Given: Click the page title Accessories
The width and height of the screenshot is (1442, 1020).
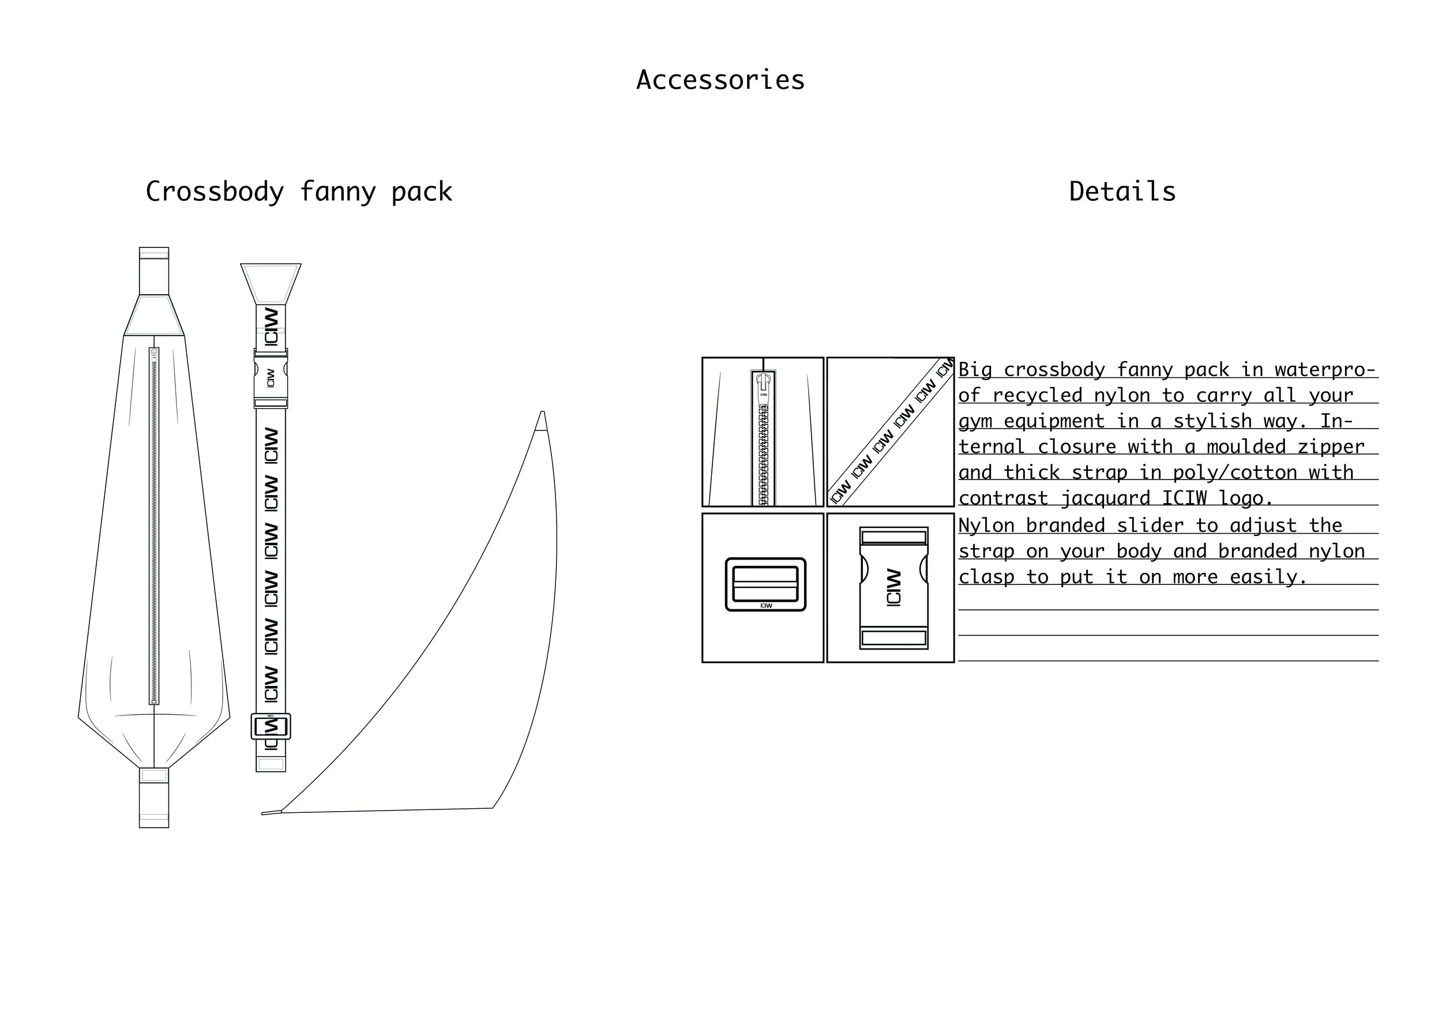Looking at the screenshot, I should pyautogui.click(x=720, y=80).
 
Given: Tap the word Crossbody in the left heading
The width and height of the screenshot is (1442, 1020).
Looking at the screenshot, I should pyautogui.click(x=214, y=192).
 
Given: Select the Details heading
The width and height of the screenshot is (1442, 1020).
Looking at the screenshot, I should pyautogui.click(x=1122, y=192).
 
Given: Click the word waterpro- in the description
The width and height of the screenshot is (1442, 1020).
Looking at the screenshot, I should pyautogui.click(x=1325, y=370).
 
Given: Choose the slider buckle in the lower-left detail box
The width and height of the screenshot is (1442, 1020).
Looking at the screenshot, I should pyautogui.click(x=765, y=584).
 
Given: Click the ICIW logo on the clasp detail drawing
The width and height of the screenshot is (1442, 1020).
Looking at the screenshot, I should pyautogui.click(x=893, y=587).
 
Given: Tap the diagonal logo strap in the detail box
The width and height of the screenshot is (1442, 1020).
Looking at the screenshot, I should pyautogui.click(x=891, y=432).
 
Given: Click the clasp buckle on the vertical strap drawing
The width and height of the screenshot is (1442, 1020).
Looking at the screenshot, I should pyautogui.click(x=271, y=378).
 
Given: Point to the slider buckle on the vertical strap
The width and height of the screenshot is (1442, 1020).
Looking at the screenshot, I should pyautogui.click(x=271, y=727).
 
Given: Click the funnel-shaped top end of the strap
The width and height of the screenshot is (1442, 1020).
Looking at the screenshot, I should pyautogui.click(x=271, y=283).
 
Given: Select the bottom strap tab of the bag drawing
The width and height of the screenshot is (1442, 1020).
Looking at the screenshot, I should pyautogui.click(x=154, y=797).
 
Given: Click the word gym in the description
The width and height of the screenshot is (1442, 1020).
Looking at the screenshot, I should pyautogui.click(x=975, y=421).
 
